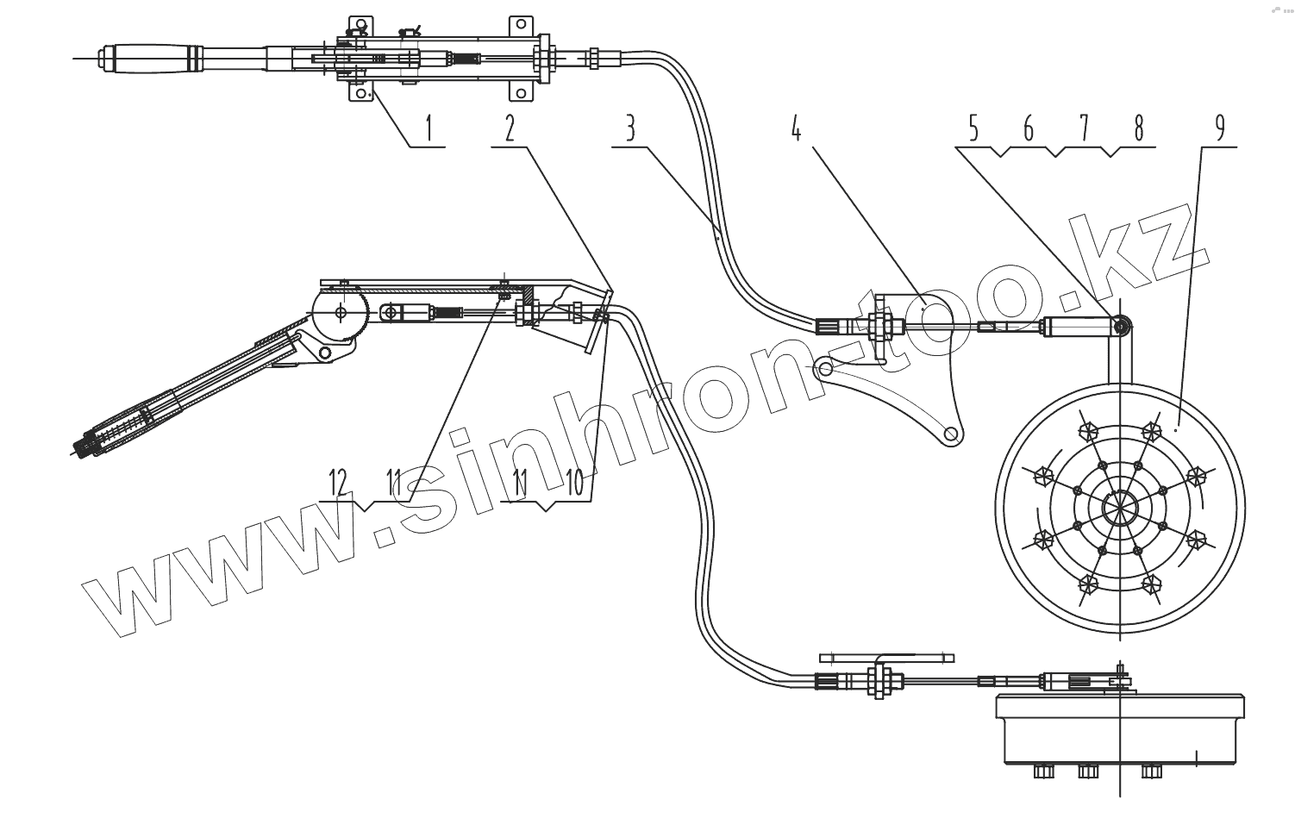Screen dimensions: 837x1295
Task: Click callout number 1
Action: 429,129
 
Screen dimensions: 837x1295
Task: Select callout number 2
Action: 510,129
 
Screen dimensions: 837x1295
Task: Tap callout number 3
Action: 630,129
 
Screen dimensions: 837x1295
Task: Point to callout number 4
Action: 796,129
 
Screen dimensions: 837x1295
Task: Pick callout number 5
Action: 973,129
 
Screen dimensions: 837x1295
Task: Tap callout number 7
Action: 1083,129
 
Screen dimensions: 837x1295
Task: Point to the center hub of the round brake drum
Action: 1119,504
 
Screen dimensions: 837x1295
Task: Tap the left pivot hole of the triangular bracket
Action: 826,369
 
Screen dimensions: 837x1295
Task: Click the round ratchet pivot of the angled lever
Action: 341,313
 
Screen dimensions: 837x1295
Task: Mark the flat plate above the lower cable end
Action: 886,657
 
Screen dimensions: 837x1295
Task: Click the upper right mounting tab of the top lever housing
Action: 521,25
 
